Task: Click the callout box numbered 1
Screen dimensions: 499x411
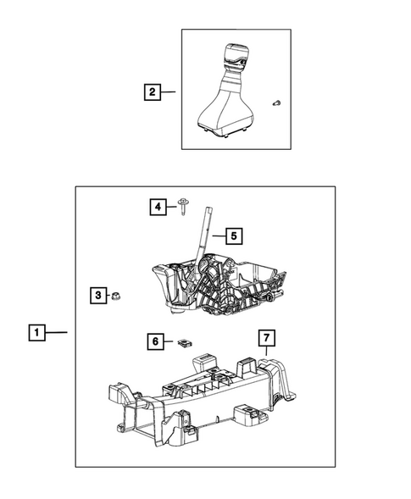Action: coord(36,333)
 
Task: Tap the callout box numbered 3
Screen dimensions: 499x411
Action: coord(99,295)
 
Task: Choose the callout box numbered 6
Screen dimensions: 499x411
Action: coord(156,341)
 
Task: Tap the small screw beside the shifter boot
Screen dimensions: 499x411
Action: coord(276,102)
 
